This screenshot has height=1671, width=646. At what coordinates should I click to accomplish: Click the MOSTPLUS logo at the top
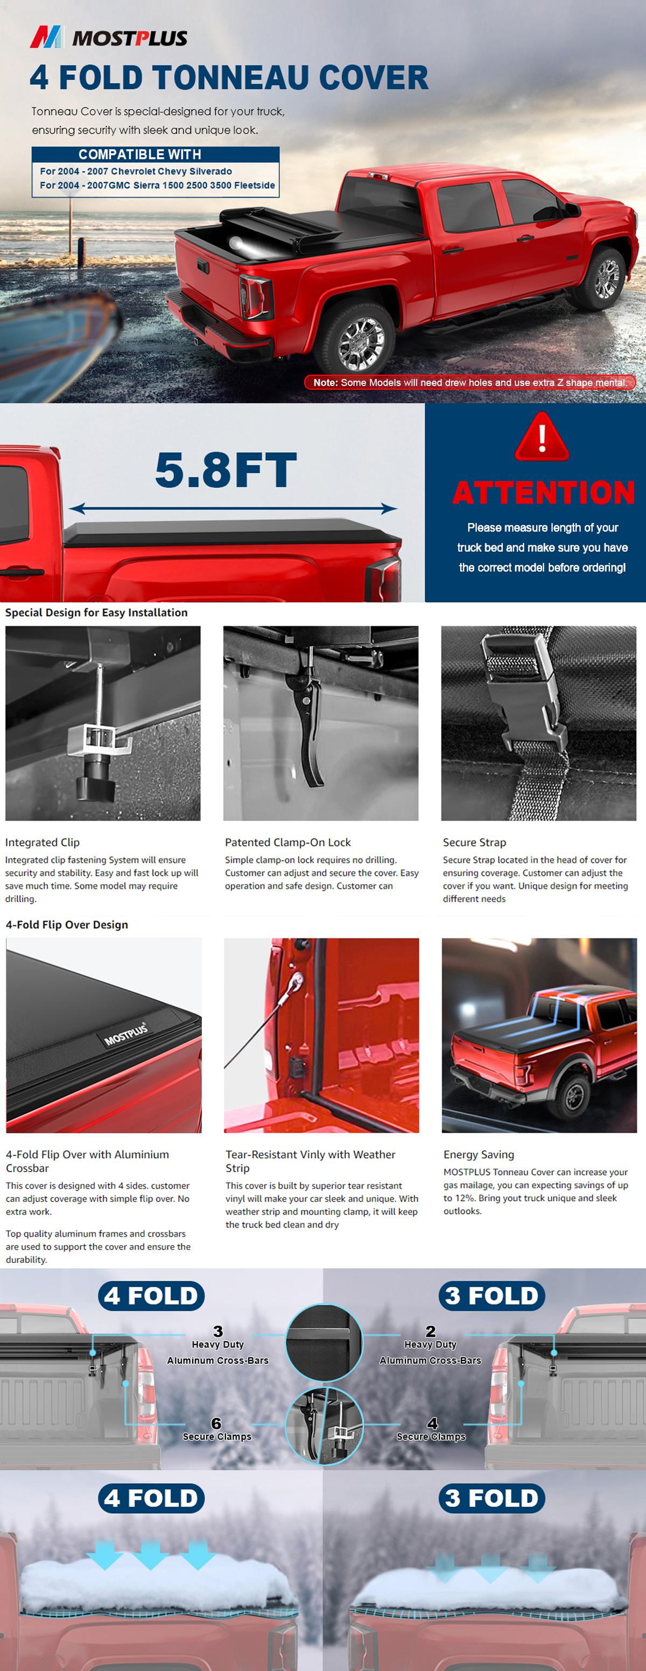(109, 38)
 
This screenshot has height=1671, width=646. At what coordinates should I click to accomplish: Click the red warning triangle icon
(542, 437)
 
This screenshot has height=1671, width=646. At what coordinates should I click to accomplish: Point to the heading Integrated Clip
(42, 842)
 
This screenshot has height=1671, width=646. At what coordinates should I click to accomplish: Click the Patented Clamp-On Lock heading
(287, 842)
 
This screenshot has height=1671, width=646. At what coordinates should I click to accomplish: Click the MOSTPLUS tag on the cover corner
(127, 1034)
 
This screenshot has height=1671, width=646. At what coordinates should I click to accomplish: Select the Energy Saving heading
(478, 1154)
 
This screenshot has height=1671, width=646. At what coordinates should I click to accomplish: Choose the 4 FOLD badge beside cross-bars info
(151, 1295)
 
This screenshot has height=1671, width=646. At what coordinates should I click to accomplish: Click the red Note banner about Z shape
(469, 382)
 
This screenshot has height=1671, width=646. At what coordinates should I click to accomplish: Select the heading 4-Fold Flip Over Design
(67, 924)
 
